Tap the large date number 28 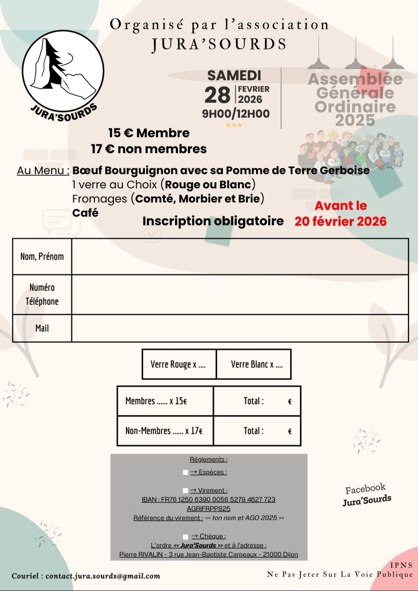coord(217,95)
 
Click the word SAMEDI coord(234,75)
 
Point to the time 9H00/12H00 coord(236,114)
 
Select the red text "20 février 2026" coord(340,221)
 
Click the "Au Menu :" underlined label coord(43,171)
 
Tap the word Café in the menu coord(85,213)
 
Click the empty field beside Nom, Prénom coord(240,256)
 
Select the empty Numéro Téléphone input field coord(240,294)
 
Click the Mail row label coord(42,328)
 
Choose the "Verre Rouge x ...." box coord(179,364)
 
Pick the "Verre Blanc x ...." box coord(254,364)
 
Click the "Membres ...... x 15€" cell coord(165,401)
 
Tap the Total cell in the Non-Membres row coord(257,431)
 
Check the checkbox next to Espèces coord(185,472)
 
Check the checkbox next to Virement coord(185,491)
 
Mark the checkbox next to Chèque coord(185,536)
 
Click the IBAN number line coord(208,500)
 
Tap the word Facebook coord(365,489)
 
